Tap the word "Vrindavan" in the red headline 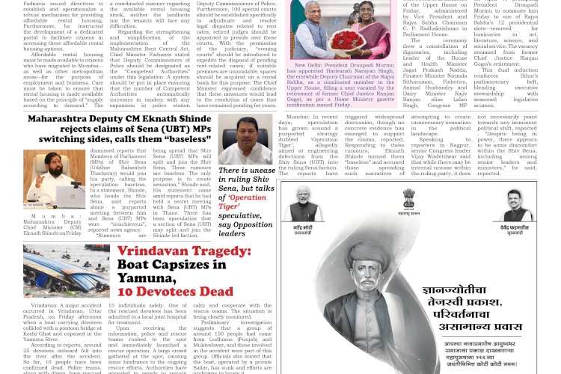point(156,254)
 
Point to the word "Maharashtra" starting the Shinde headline point(63,119)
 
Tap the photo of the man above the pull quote point(244,139)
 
